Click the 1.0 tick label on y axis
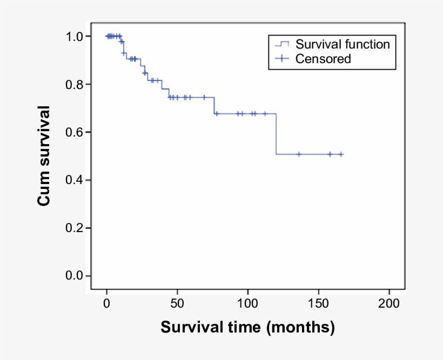tap(75, 37)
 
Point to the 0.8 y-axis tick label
tap(75, 85)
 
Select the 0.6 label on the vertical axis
tap(75, 132)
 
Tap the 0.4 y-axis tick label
tap(75, 180)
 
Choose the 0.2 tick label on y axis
tap(75, 228)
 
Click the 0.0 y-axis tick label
tap(75, 276)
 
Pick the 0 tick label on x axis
tap(107, 303)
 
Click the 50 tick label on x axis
tap(177, 303)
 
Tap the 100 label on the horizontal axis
tap(248, 303)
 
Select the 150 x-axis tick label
tap(318, 303)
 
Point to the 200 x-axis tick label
tap(389, 303)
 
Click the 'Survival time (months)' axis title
tap(247, 328)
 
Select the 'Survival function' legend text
tap(343, 44)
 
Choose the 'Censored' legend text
tap(323, 59)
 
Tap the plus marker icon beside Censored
tap(284, 59)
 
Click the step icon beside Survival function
tap(283, 44)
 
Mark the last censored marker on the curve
tap(341, 154)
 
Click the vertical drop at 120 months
tap(276, 134)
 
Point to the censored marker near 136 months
tap(299, 154)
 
